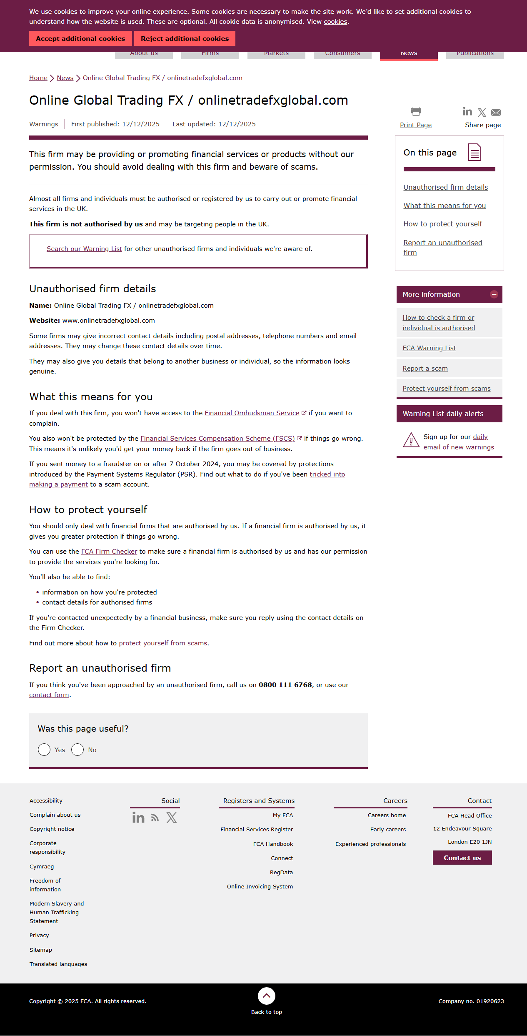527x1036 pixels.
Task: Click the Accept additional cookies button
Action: click(80, 38)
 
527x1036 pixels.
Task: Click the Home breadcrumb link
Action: click(38, 78)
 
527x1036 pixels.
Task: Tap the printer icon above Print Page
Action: click(416, 111)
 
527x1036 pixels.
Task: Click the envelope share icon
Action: click(496, 112)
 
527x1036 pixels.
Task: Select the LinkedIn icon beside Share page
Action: click(467, 111)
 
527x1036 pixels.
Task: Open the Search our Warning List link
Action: click(84, 249)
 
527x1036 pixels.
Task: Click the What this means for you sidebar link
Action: click(445, 206)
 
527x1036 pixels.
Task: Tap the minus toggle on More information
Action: click(494, 294)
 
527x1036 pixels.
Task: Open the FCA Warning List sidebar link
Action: click(429, 348)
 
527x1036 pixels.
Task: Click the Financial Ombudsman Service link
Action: click(252, 413)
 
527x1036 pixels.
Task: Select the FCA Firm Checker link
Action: click(109, 552)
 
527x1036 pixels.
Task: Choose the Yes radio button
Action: click(44, 750)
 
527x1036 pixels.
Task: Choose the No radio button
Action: click(77, 750)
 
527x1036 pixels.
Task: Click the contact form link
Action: click(49, 695)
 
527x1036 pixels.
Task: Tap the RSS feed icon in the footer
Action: click(155, 818)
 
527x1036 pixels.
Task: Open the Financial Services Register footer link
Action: click(257, 830)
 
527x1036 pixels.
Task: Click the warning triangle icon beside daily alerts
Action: click(411, 440)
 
